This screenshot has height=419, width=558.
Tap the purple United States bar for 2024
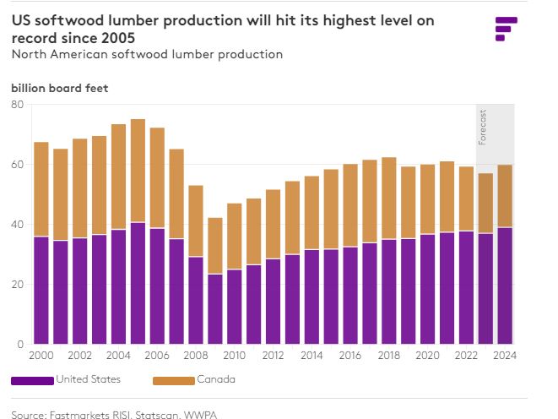(504, 286)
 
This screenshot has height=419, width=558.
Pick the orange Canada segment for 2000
(41, 189)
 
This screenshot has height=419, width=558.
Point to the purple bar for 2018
(388, 291)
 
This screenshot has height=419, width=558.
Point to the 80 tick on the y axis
(17, 105)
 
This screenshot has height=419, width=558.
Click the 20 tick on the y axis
(17, 285)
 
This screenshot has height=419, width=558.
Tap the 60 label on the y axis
(17, 165)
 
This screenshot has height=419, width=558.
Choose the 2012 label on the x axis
(274, 356)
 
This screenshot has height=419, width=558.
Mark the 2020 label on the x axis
(427, 356)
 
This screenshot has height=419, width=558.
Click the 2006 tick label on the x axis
(158, 356)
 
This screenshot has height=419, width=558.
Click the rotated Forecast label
(483, 127)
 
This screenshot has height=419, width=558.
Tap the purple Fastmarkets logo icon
(505, 27)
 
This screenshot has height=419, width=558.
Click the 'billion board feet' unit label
(59, 88)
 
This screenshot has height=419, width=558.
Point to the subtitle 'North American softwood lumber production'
(147, 54)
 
